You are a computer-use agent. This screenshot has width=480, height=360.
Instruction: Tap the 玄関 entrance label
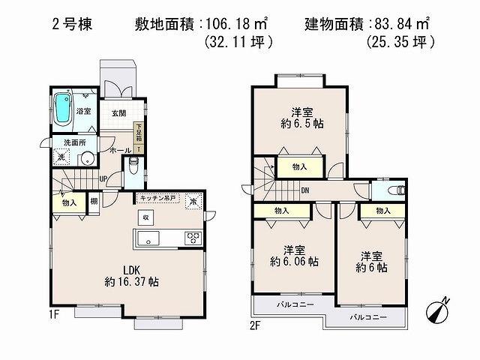pos(119,112)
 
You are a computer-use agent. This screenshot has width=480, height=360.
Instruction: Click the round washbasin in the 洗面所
pos(87,158)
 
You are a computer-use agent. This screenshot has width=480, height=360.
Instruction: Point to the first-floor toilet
pos(134,163)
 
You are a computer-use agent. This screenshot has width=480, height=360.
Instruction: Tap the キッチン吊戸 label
pos(157,197)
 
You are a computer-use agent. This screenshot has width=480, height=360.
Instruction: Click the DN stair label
pos(305,190)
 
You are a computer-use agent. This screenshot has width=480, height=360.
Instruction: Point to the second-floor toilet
pos(397,190)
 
